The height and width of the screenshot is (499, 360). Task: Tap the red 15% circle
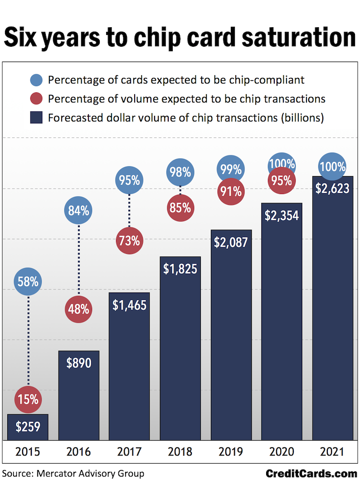click(28, 399)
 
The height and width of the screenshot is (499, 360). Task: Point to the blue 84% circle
click(79, 210)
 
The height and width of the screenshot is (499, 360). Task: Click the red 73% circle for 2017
click(130, 241)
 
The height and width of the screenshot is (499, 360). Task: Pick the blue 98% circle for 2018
click(180, 172)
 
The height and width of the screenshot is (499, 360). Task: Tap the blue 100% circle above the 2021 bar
click(332, 166)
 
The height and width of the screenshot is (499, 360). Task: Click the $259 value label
click(28, 426)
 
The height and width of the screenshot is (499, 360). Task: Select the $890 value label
click(79, 363)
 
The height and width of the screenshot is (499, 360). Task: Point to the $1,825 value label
click(180, 269)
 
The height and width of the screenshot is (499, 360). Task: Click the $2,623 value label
click(332, 188)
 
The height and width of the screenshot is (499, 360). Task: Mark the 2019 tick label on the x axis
click(231, 452)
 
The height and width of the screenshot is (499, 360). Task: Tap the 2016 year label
click(79, 452)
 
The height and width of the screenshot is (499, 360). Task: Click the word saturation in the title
click(302, 37)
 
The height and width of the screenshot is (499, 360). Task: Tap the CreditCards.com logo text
click(311, 474)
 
